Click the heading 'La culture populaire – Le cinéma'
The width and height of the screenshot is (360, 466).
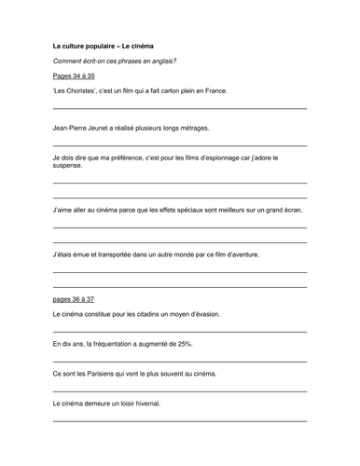tap(104, 45)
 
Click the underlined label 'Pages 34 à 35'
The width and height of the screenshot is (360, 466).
tap(74, 75)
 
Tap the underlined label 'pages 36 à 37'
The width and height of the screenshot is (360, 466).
tap(74, 299)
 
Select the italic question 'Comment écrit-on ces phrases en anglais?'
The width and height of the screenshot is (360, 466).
tap(115, 61)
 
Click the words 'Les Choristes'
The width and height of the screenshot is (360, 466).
tap(76, 91)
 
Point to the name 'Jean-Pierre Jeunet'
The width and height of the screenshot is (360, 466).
tap(87, 128)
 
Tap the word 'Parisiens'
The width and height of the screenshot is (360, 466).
tap(103, 374)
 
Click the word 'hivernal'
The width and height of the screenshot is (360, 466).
tap(145, 404)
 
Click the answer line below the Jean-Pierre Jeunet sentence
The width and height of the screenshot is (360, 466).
tap(180, 145)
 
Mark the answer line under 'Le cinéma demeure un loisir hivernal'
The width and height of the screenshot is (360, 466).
tap(180, 421)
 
